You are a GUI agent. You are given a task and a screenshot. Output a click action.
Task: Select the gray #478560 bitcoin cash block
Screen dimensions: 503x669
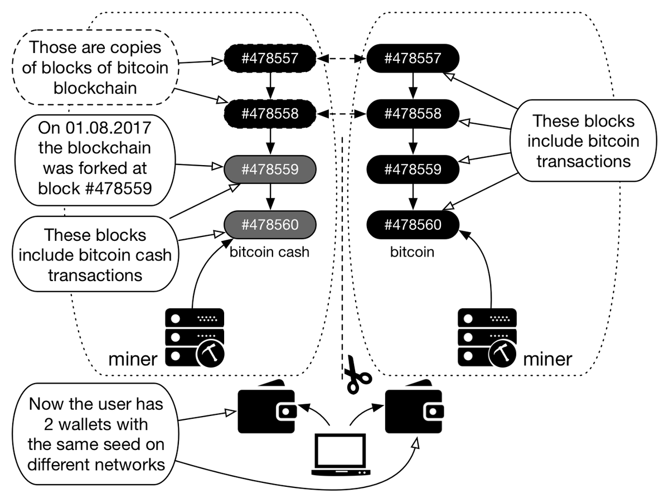point(270,225)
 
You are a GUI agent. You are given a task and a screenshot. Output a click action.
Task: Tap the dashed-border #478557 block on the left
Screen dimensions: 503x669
point(270,59)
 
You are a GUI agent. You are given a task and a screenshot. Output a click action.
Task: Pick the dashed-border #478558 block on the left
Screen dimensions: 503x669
point(270,114)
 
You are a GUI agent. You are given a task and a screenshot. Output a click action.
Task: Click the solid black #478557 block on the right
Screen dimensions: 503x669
point(413,59)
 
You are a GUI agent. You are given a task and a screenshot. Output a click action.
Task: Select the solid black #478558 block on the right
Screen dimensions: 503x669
point(413,114)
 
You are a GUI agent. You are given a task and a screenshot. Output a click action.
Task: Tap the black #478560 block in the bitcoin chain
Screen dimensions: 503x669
point(413,225)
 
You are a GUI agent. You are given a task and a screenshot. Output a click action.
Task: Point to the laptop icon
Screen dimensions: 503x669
point(341,454)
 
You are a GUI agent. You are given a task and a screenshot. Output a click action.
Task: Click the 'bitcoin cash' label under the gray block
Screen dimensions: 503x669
point(269,253)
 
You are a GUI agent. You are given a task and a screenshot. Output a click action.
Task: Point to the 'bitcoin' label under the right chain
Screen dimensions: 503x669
point(412,253)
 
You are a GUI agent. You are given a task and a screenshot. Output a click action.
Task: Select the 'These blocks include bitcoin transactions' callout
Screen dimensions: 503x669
point(577,141)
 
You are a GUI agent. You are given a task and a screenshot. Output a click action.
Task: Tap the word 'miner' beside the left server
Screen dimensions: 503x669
point(132,359)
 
